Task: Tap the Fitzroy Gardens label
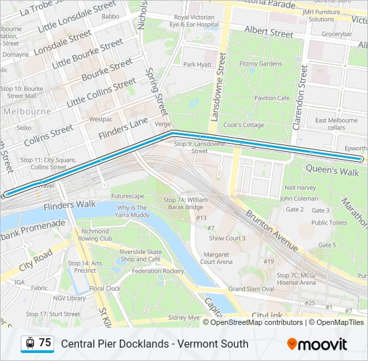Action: pos(260,64)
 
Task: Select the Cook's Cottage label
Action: pos(244,125)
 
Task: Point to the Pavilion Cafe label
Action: pos(271,98)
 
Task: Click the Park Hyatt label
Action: pos(197,65)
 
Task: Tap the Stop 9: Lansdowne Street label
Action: pos(199,147)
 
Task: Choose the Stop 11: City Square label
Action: pos(43,164)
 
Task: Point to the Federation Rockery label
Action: pos(158,271)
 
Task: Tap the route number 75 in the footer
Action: pos(45,343)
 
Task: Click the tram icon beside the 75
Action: pos(29,343)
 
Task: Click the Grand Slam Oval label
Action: pos(251,289)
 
